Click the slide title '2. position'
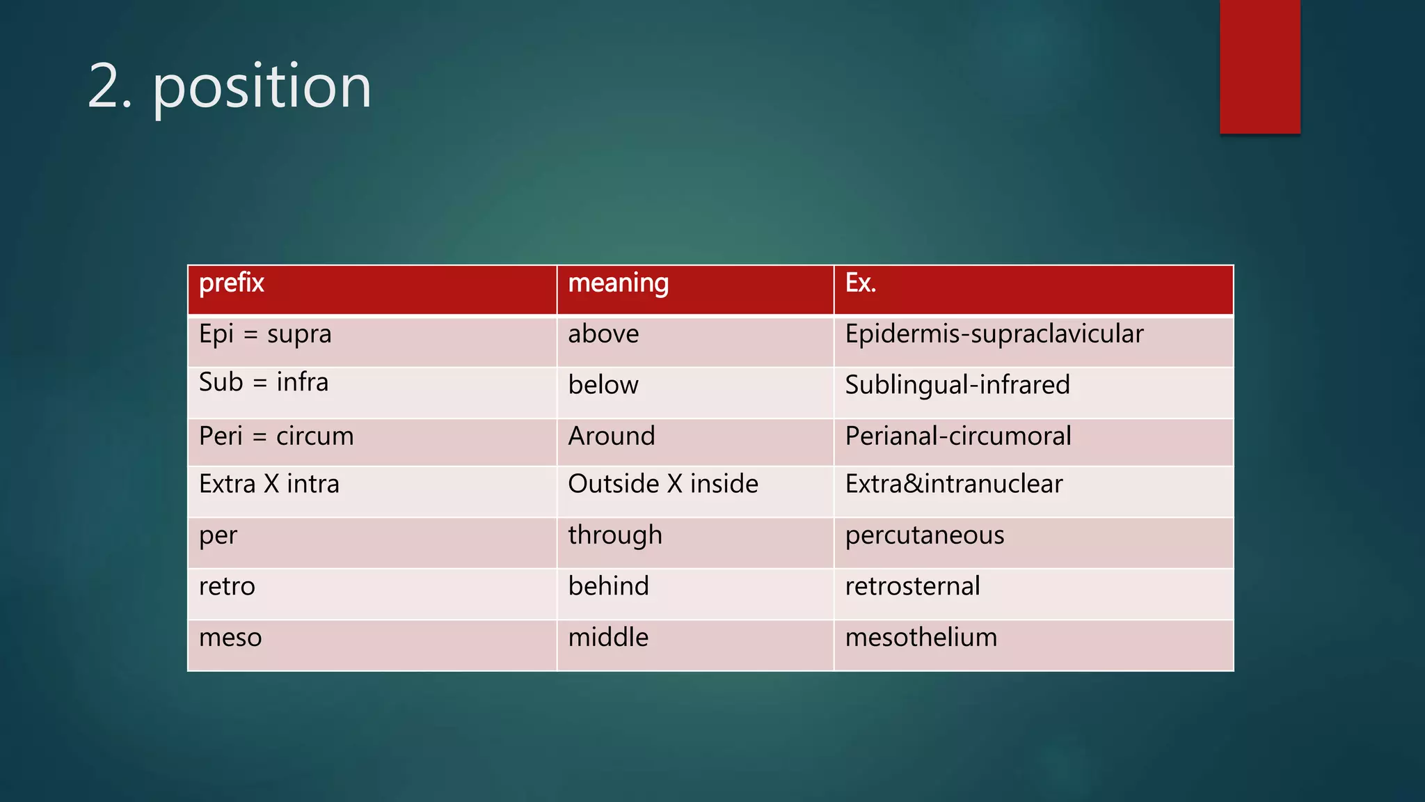(230, 87)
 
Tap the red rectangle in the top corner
(1259, 66)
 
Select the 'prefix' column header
(232, 283)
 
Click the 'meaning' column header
(618, 283)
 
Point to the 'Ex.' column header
(860, 283)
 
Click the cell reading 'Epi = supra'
(265, 334)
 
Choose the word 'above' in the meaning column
(603, 334)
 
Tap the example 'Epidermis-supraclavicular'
(994, 334)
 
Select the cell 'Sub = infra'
(263, 382)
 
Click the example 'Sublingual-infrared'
(957, 385)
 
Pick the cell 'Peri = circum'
(276, 437)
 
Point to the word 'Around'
(612, 437)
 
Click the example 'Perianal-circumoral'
(958, 437)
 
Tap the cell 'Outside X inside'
(663, 484)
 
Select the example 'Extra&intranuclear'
(954, 484)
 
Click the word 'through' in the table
(615, 535)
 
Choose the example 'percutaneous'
(925, 535)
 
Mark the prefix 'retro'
(227, 586)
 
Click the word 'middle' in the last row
(608, 638)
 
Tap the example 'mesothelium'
(921, 638)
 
